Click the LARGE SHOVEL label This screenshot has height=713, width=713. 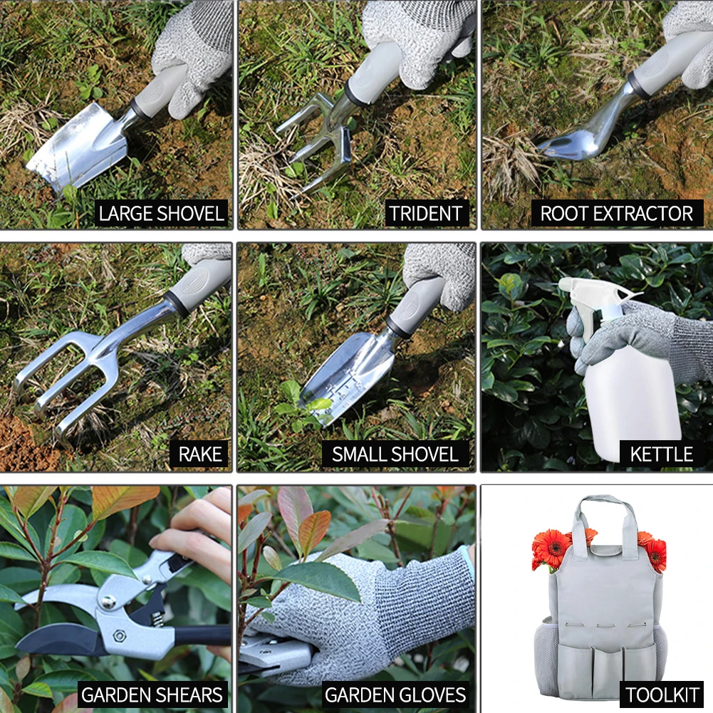161,212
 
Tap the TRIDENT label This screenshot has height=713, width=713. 426,212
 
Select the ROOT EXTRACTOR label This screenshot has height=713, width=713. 616,212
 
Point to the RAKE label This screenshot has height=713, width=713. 199,454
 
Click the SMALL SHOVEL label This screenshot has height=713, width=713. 395,454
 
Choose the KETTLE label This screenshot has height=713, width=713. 661,454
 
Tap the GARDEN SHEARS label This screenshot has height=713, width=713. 152,694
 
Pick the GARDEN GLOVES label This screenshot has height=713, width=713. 395,694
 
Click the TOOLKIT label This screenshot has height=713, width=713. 661,694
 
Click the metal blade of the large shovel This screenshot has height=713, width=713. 78,146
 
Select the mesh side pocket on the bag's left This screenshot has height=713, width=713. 546,652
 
